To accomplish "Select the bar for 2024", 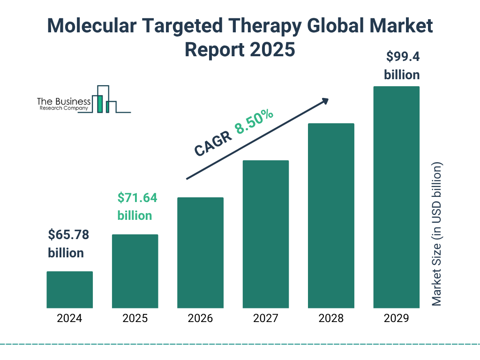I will [x=69, y=289].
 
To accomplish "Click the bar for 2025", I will [x=135, y=271].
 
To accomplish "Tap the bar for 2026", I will [x=200, y=253].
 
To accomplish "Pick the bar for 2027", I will [x=265, y=234].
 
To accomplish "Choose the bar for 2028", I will [x=331, y=216].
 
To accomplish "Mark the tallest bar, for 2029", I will [x=396, y=197].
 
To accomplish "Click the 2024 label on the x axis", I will [x=69, y=319].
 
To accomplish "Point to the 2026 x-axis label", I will [x=200, y=319].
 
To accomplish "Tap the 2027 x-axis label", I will [x=265, y=319].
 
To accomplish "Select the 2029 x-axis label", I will [x=396, y=319].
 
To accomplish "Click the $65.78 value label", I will [x=68, y=235].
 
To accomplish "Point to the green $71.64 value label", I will [x=137, y=198].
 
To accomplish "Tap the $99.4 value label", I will [x=402, y=57].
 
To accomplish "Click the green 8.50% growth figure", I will [x=254, y=122].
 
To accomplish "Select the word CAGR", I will [x=213, y=144].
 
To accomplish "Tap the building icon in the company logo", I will [x=104, y=100].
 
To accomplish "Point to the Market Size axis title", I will [x=437, y=234].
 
